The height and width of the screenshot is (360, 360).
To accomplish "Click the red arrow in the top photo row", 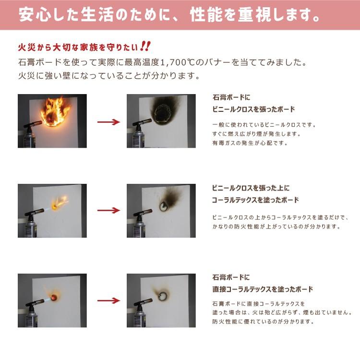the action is point(108,122).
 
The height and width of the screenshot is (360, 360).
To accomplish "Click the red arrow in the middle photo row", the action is point(108,210).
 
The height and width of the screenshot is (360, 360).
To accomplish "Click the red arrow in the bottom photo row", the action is point(108,300).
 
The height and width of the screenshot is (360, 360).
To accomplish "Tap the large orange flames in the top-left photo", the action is point(55,112).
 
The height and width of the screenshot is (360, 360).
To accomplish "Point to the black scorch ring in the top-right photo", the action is point(164,112).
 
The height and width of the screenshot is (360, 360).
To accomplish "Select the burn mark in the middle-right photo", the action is point(169,200).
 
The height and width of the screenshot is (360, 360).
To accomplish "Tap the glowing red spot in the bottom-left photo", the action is point(54,297).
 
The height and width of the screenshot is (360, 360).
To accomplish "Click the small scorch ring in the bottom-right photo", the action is point(163,296).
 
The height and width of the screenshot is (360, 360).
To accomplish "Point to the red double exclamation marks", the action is point(145,47).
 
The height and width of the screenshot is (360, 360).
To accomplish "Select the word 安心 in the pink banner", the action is point(35,15).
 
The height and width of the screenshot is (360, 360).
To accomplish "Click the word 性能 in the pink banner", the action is point(206,15).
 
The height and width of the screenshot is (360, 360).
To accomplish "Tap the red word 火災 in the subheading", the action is point(27,48).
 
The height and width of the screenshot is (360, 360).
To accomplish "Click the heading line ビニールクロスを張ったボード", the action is point(253,109).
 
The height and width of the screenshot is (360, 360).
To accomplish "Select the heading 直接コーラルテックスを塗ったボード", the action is point(263,289).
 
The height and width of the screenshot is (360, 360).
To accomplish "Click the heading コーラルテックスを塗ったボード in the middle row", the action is point(255,200).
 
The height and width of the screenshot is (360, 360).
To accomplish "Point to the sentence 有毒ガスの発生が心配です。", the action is point(250,143).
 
